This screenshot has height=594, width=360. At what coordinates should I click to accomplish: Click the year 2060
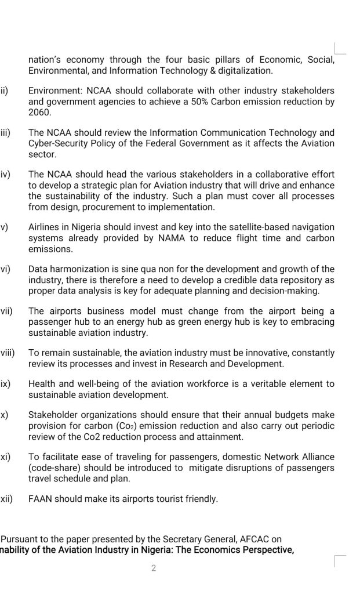click(40, 113)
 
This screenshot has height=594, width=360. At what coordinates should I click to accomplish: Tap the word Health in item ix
click(42, 384)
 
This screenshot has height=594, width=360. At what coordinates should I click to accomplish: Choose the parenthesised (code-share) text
click(57, 468)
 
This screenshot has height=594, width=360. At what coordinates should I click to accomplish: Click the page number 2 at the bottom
click(154, 568)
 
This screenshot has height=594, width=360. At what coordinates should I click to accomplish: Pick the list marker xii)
click(6, 498)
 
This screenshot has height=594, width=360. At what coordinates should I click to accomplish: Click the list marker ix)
click(5, 384)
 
